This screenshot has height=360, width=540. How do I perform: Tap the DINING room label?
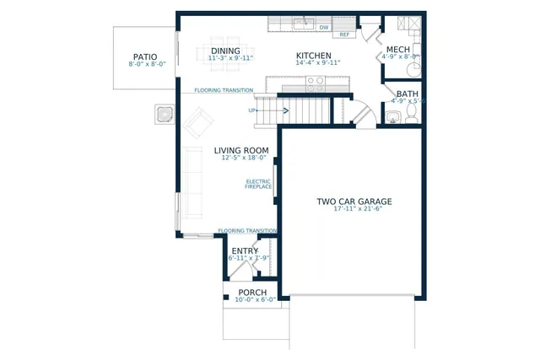[224, 51]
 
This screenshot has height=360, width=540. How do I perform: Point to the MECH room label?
[397, 51]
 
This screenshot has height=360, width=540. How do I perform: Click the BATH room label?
[407, 94]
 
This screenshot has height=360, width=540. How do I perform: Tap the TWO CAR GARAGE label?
[354, 201]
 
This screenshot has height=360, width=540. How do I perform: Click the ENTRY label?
[245, 250]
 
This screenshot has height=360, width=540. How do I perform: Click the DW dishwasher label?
[323, 27]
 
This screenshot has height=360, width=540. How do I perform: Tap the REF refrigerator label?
[344, 35]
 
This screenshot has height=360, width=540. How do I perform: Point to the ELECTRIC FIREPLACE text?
[258, 184]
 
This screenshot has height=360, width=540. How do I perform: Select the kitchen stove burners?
[315, 83]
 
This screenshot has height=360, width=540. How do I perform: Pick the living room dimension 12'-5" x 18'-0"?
[243, 158]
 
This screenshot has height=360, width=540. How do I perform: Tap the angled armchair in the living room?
[200, 124]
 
